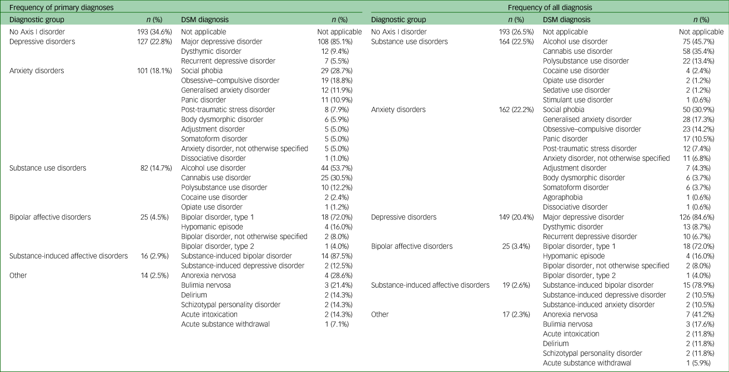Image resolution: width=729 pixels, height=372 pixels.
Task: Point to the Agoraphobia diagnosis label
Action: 564,197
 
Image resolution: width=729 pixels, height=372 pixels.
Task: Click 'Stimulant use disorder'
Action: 578,100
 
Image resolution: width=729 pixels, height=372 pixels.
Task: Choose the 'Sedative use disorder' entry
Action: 576,90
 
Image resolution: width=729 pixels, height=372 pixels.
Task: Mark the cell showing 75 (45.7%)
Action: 704,42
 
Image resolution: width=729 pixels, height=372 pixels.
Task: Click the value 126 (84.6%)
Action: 702,217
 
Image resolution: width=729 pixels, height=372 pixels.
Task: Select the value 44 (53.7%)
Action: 345,167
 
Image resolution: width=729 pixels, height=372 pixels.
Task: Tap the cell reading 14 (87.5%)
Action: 345,256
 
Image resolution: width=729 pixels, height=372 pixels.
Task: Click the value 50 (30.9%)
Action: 704,109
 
